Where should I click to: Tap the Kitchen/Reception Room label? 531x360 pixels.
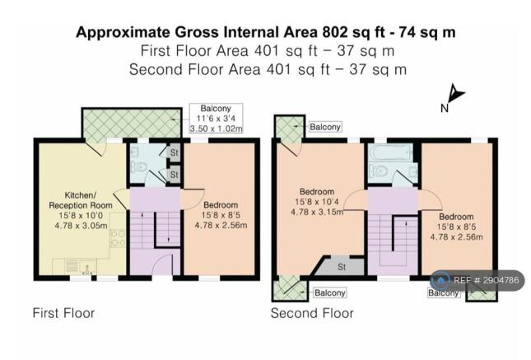tap(81, 200)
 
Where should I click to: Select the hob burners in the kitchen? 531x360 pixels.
tap(118, 238)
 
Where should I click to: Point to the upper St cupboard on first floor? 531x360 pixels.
tap(174, 152)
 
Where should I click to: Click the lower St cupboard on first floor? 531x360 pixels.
tap(174, 175)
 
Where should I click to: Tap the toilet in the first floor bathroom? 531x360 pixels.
tap(139, 167)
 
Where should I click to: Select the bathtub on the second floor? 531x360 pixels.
tap(392, 152)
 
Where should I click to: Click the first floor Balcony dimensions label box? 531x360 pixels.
tap(216, 119)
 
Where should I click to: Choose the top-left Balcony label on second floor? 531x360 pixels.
tap(325, 127)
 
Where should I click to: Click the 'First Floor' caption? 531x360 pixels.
tap(63, 313)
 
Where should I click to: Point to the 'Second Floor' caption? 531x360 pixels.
tap(312, 313)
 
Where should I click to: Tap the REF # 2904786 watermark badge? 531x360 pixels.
tap(477, 280)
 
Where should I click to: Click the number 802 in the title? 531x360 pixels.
tap(335, 33)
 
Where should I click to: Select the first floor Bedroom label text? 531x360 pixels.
tap(221, 205)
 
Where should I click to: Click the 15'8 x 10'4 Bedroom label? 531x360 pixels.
tap(317, 202)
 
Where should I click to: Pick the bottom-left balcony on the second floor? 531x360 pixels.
tap(290, 288)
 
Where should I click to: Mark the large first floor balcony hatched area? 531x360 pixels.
tap(132, 123)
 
